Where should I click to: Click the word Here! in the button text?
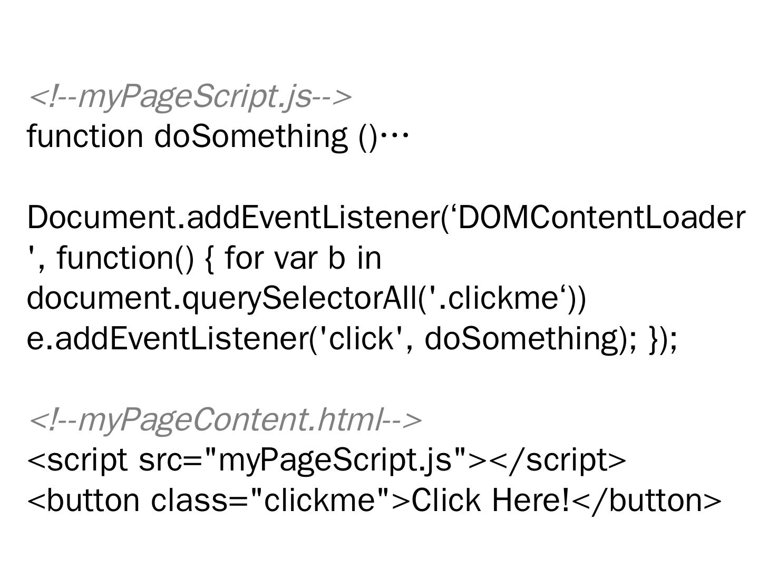click(531, 500)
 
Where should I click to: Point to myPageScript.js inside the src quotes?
click(335, 460)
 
